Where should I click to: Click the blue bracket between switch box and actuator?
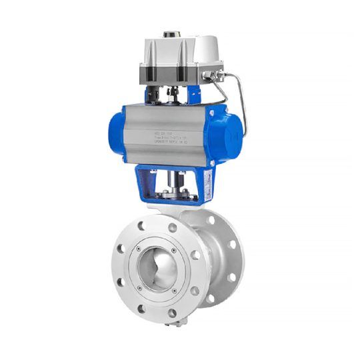(193, 96)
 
